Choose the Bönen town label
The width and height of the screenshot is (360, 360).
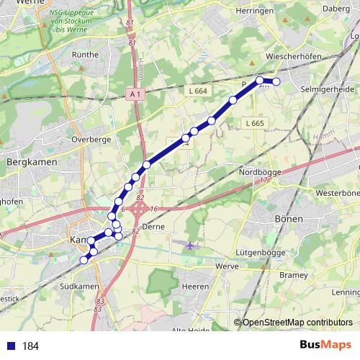point(289,218)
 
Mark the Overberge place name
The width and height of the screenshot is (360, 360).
point(90,140)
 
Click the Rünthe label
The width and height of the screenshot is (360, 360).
point(85,54)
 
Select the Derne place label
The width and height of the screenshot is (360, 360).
point(154,226)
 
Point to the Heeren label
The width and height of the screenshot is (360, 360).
point(194,286)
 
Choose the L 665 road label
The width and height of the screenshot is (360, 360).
point(255,124)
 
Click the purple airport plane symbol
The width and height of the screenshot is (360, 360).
point(190,246)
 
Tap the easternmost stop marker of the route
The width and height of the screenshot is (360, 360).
point(276,82)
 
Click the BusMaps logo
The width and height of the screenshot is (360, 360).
point(325,345)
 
